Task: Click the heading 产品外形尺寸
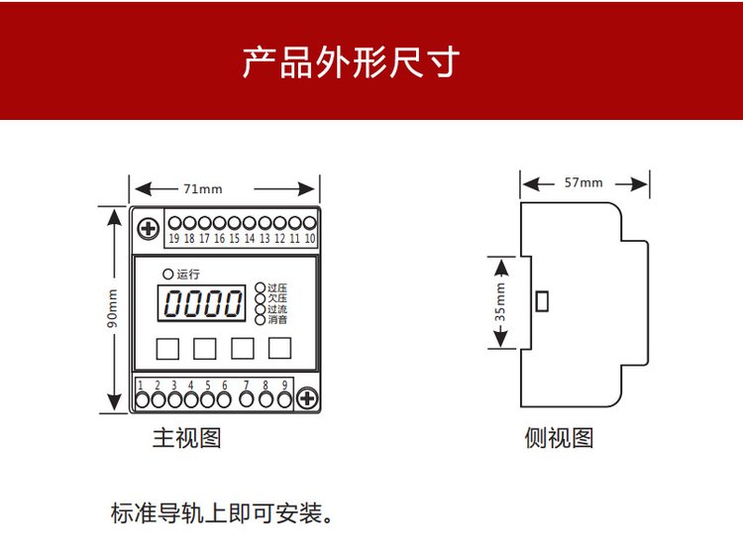click(x=351, y=61)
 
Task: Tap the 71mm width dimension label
click(x=202, y=188)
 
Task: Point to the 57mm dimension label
click(x=583, y=183)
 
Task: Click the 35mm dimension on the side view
click(x=499, y=301)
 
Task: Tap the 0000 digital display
click(x=203, y=303)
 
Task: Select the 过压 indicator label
click(x=277, y=288)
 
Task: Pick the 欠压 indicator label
click(x=277, y=298)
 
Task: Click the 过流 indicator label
click(x=277, y=309)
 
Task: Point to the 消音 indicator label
click(x=277, y=320)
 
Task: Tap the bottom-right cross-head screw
click(x=306, y=398)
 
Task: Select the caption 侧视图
click(x=559, y=437)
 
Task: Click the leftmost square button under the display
click(x=166, y=348)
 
